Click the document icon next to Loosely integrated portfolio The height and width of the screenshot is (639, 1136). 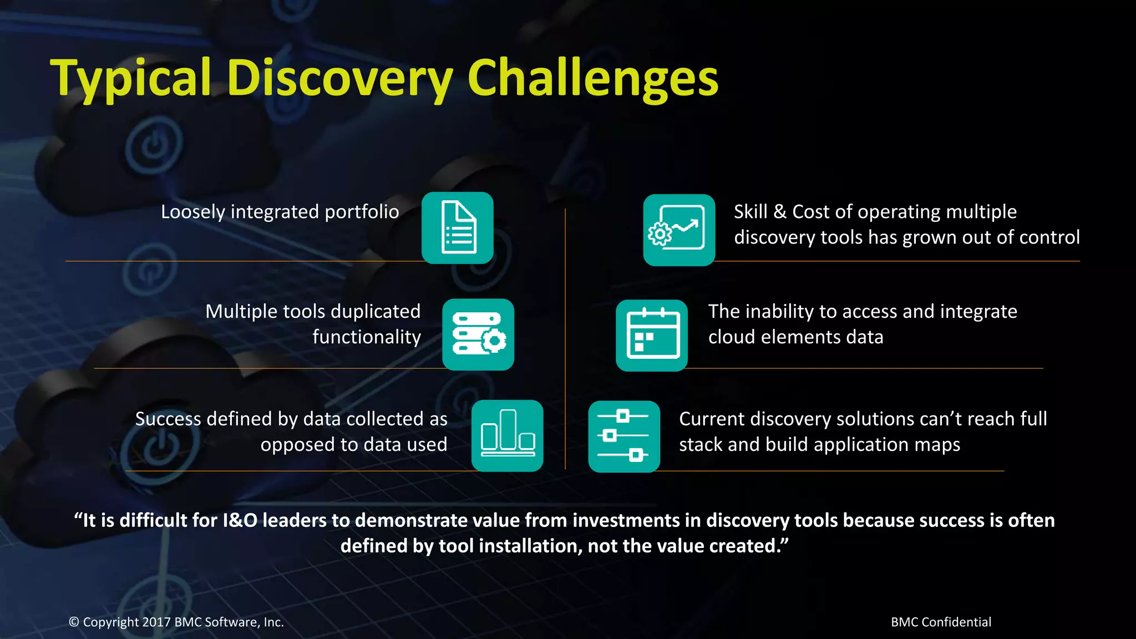click(x=458, y=228)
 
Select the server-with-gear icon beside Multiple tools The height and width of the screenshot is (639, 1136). click(x=478, y=334)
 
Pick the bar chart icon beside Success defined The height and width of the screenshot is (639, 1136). click(x=507, y=436)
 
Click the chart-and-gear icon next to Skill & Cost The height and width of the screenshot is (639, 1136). click(x=679, y=230)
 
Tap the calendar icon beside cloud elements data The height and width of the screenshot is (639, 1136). click(x=652, y=335)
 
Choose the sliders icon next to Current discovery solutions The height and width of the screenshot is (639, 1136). click(x=624, y=437)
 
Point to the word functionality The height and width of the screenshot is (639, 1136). click(x=366, y=337)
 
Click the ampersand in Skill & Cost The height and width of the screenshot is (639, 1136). click(x=779, y=212)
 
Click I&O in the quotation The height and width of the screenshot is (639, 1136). click(x=240, y=521)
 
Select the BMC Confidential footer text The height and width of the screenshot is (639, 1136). click(x=941, y=622)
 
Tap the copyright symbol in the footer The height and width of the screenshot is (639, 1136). click(x=74, y=622)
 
